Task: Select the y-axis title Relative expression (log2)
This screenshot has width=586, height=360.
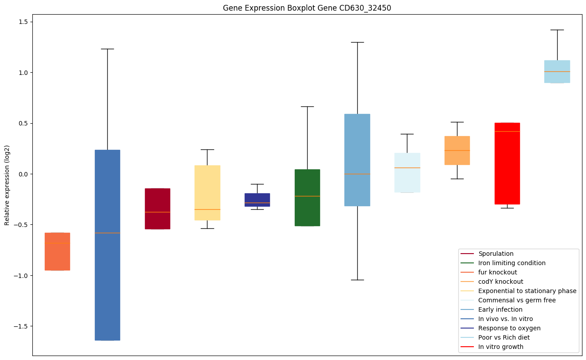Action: coord(7,185)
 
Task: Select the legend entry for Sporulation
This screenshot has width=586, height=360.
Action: coord(496,254)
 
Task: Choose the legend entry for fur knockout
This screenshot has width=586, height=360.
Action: coord(497,272)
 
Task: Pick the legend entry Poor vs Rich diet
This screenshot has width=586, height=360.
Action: coord(504,337)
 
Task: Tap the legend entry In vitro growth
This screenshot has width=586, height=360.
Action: coord(500,347)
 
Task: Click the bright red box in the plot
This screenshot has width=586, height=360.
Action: coord(507,163)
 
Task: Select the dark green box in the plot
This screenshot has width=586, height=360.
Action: coord(307,198)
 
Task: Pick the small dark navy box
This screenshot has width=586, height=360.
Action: coord(257,200)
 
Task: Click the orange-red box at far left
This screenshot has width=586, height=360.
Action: coord(57,251)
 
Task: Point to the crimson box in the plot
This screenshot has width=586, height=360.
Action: coord(157,208)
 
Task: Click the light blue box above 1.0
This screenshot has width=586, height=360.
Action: coord(557,71)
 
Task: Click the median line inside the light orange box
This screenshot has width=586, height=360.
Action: coord(457,151)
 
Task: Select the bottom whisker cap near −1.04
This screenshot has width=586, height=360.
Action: coord(357,280)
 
